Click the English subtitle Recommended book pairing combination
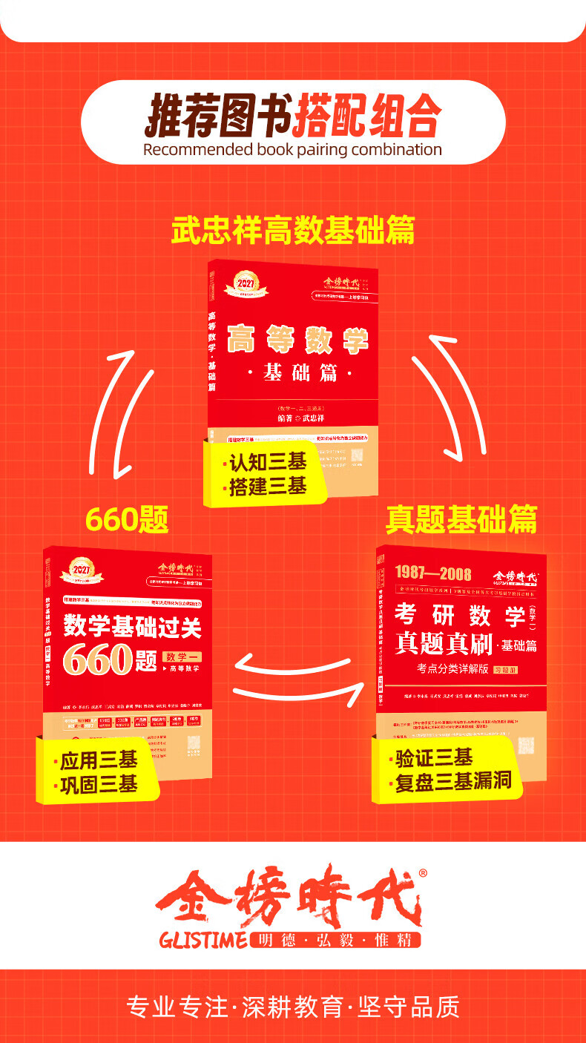[x=292, y=149]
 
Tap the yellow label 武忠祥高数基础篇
[x=293, y=231]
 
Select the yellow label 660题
[x=127, y=519]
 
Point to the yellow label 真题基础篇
[x=461, y=519]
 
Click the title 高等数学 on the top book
[x=297, y=340]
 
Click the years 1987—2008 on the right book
[x=423, y=572]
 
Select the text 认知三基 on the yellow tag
[x=266, y=463]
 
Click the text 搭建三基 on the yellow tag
[x=266, y=487]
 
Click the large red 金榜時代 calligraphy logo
[x=289, y=898]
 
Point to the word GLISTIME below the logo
[x=203, y=941]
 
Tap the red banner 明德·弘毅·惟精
[x=335, y=940]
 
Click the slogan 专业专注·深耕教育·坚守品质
[x=293, y=1007]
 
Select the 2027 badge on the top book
[x=244, y=283]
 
